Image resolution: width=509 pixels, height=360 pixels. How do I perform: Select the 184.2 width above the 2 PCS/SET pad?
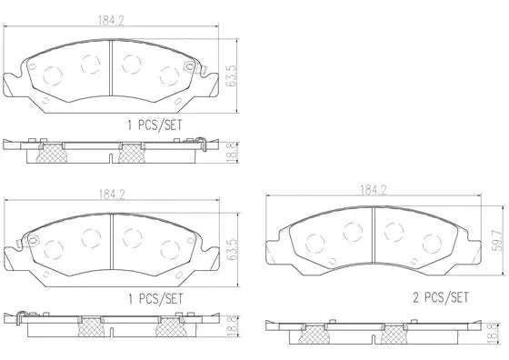tap(373, 191)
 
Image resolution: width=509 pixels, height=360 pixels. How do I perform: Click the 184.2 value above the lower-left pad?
tap(112, 192)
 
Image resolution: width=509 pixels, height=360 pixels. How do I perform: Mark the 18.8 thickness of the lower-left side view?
tap(234, 325)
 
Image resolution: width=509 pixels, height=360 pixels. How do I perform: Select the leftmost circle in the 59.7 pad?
tap(315, 243)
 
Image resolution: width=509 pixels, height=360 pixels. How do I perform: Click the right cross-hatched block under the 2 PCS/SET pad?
tap(395, 335)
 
